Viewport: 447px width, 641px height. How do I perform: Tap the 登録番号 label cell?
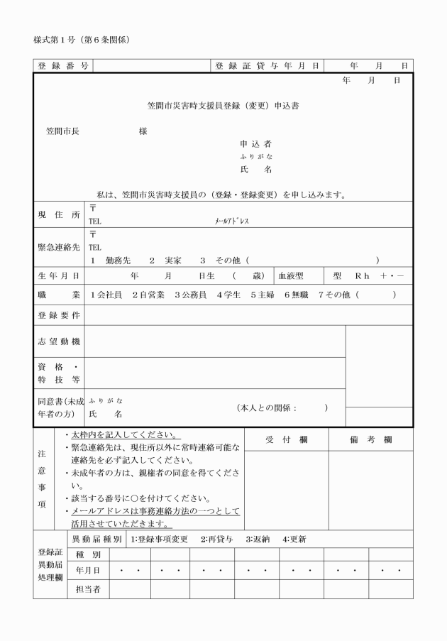coord(63,66)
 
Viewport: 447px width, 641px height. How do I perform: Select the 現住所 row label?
coord(59,214)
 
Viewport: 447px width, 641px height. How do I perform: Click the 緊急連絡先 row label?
coord(59,247)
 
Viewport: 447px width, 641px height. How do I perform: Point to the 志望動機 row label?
coord(59,341)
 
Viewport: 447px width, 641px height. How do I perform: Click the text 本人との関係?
coord(267,407)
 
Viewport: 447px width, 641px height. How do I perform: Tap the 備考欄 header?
coord(371,440)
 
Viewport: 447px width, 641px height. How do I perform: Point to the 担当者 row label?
coord(87,588)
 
